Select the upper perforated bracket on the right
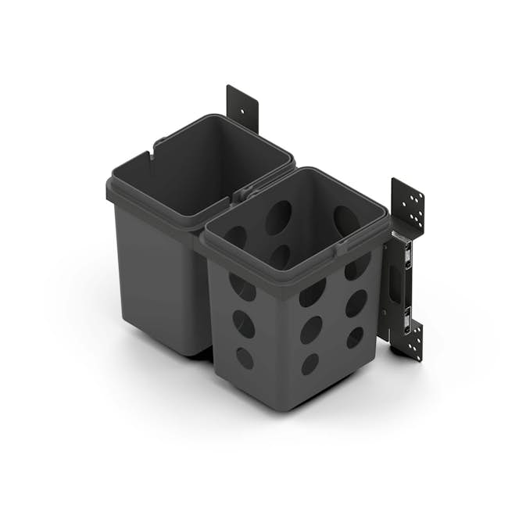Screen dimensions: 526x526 [408, 204]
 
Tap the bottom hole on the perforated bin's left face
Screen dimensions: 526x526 [245, 358]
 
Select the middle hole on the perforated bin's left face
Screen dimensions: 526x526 [243, 324]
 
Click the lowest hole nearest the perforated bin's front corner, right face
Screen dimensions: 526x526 [310, 363]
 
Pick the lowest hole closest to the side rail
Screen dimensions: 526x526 [355, 338]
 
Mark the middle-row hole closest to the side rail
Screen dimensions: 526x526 [356, 302]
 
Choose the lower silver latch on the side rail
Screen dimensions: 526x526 [406, 317]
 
